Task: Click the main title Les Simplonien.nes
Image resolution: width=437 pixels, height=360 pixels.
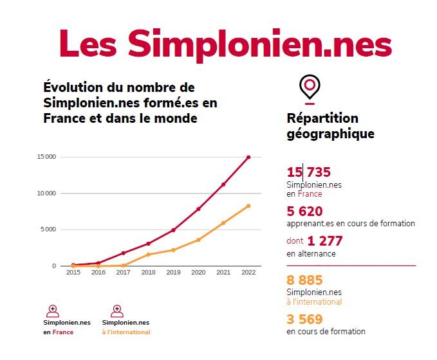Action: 225,43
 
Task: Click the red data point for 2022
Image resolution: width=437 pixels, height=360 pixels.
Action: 248,157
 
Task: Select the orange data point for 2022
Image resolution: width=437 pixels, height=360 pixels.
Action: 248,206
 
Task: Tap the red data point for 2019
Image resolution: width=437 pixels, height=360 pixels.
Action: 173,230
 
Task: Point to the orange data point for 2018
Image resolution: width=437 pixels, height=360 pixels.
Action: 148,255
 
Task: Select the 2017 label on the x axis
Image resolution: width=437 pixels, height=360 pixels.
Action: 123,273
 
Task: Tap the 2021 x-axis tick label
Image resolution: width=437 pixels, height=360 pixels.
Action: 223,273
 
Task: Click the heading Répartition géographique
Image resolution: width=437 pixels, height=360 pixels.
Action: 331,127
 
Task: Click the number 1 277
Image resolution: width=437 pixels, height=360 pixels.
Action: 325,241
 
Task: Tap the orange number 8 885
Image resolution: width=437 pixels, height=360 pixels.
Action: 304,280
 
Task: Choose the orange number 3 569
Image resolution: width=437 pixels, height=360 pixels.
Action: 304,319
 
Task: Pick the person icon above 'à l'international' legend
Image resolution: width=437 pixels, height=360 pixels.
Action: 117,310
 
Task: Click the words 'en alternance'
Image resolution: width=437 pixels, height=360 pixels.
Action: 311,254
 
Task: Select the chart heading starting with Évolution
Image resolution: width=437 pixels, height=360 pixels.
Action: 120,103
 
